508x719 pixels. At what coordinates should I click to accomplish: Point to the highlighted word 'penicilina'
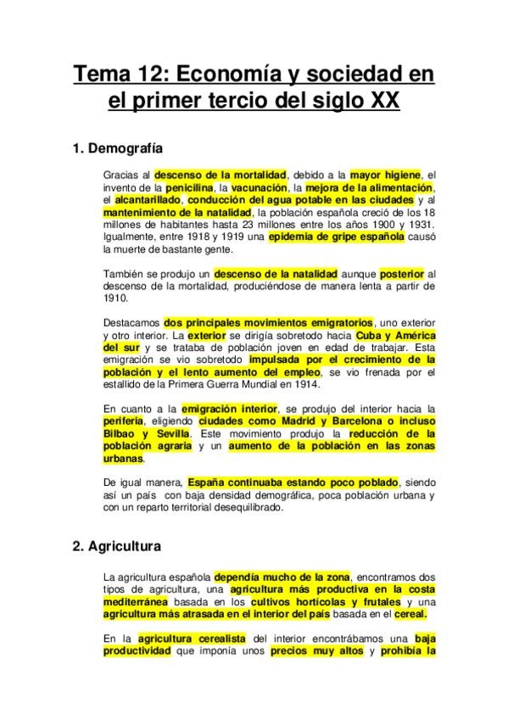[x=181, y=187]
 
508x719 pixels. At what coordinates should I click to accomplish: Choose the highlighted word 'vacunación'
[x=258, y=187]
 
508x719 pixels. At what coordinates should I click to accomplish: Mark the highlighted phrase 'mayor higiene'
[x=386, y=174]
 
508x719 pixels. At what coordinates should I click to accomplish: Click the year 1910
[x=114, y=299]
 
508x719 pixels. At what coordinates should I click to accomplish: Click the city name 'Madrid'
[x=281, y=421]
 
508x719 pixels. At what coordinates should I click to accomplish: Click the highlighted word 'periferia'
[x=121, y=421]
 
